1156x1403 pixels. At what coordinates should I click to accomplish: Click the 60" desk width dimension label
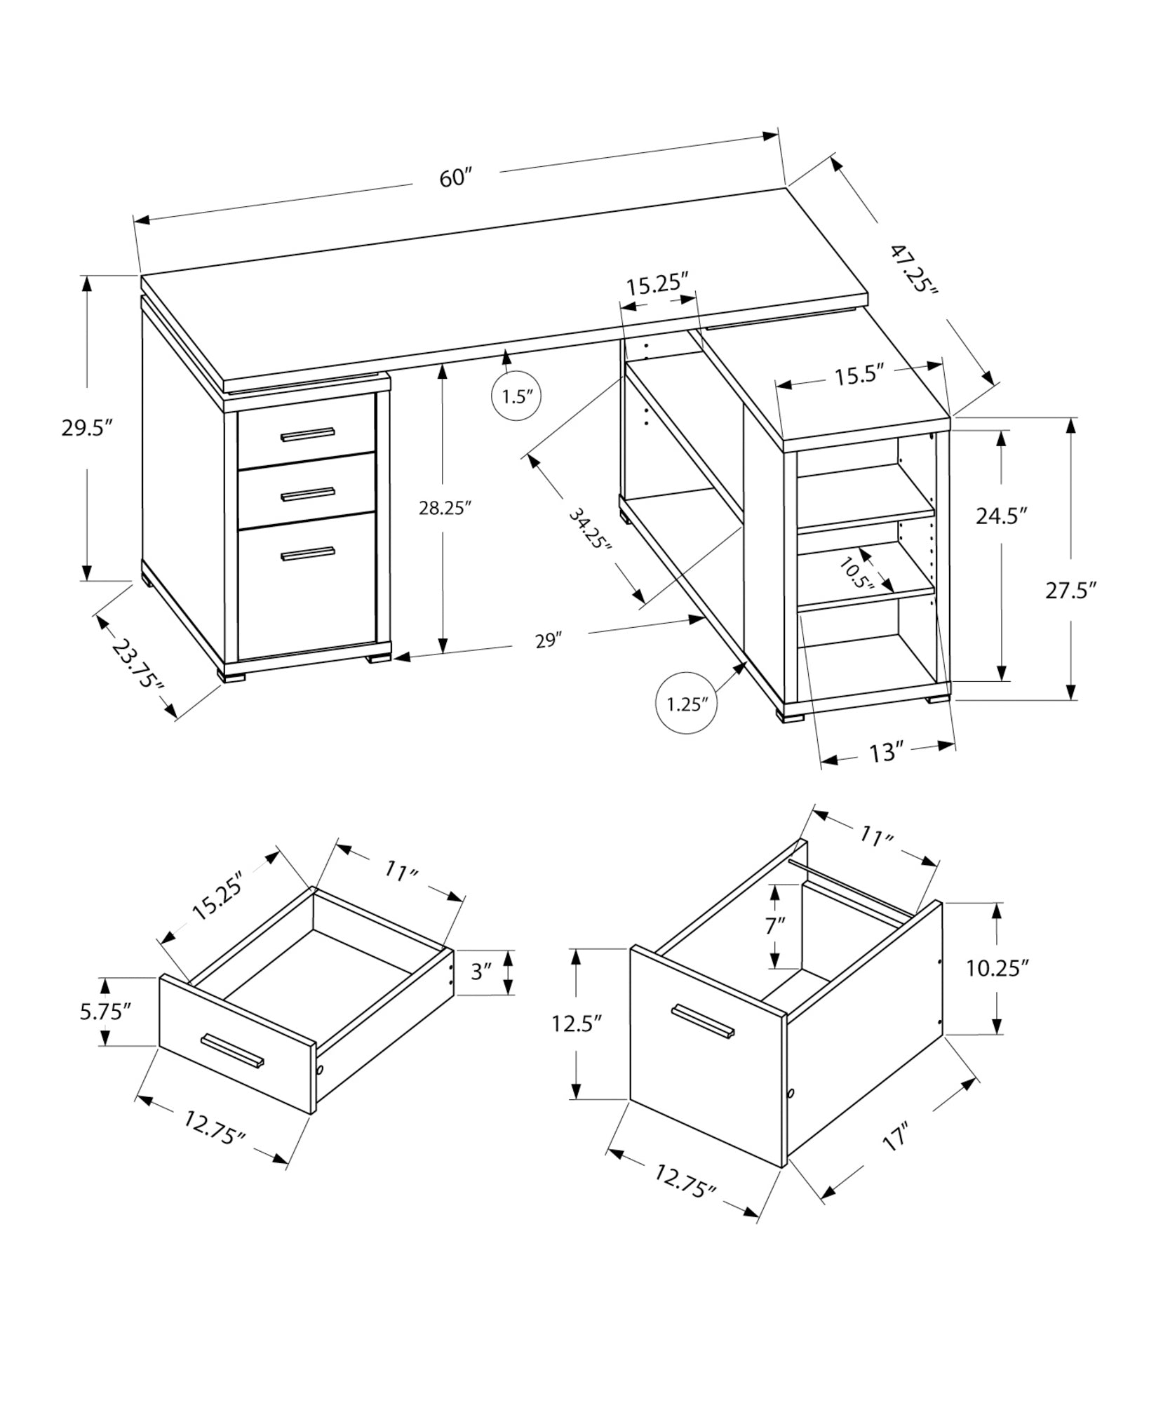tap(453, 177)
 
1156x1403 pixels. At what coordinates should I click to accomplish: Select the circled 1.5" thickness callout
tap(518, 396)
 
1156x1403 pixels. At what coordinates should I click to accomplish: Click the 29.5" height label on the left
tap(87, 428)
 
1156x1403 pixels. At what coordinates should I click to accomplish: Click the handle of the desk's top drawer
tap(307, 435)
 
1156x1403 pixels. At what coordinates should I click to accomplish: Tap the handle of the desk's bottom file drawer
tap(307, 554)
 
